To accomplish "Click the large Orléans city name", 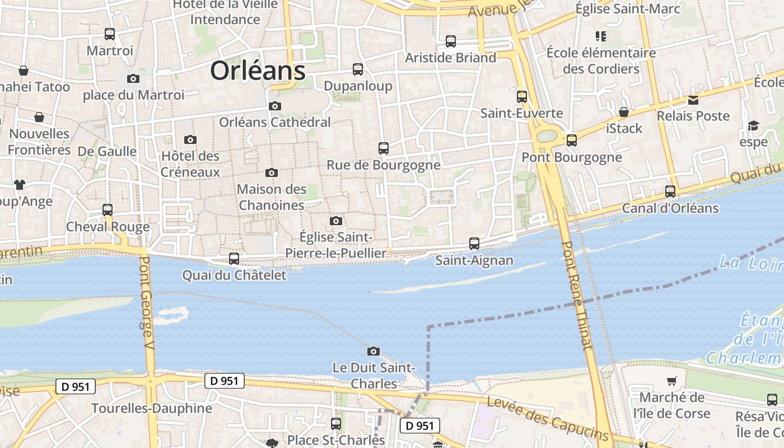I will [x=258, y=71].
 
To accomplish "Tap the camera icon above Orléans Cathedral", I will [x=274, y=106].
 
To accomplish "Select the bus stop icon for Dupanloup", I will [x=358, y=69].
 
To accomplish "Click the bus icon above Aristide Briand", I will [x=451, y=41].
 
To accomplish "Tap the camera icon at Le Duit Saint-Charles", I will [x=374, y=351].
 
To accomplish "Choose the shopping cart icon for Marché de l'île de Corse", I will [x=671, y=381].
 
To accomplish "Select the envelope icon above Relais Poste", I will [x=693, y=100].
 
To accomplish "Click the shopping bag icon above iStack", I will [x=624, y=112].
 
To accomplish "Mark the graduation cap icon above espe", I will [x=753, y=125].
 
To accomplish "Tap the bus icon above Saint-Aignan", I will [x=474, y=244].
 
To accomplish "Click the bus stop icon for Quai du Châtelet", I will [x=234, y=258].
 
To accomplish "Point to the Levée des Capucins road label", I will [x=547, y=418].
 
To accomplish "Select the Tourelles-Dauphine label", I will [x=152, y=408].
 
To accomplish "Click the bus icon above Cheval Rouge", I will [x=108, y=210].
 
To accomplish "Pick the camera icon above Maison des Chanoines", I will [x=272, y=172].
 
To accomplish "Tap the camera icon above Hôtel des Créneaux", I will [x=190, y=139].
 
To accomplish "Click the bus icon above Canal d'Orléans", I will [x=670, y=192].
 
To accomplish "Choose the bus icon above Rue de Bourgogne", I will [x=384, y=148].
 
